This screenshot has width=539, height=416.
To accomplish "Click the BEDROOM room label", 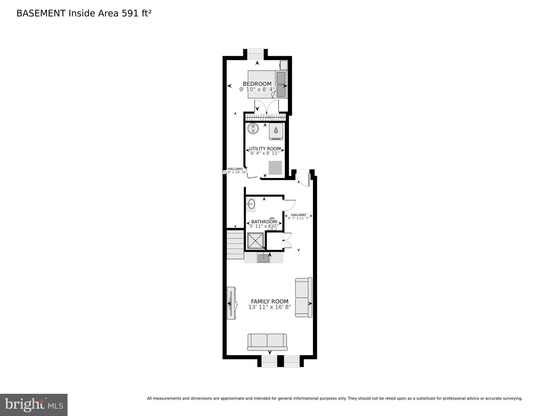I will [x=257, y=84].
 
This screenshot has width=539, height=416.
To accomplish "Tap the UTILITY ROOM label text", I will [x=265, y=149].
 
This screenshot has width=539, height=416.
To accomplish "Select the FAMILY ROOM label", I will [x=269, y=301].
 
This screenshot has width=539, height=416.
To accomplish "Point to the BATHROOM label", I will [x=264, y=222].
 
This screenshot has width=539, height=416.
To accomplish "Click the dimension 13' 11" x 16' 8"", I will [x=269, y=307].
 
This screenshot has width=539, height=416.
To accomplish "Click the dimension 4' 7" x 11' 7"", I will [x=298, y=218].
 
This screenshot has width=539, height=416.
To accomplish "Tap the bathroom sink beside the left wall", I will [x=251, y=204].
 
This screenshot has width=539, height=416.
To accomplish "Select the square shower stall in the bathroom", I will [x=255, y=241].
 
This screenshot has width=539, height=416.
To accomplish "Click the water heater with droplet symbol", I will [x=276, y=131].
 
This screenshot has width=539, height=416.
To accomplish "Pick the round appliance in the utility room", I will [x=253, y=128].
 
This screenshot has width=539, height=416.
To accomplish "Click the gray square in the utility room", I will [x=275, y=168].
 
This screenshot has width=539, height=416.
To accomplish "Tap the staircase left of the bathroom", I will [x=235, y=244].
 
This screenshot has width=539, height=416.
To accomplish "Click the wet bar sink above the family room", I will [x=263, y=258].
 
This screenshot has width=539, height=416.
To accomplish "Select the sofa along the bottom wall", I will [x=267, y=342].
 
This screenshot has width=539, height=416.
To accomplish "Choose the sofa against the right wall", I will [x=303, y=297].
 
